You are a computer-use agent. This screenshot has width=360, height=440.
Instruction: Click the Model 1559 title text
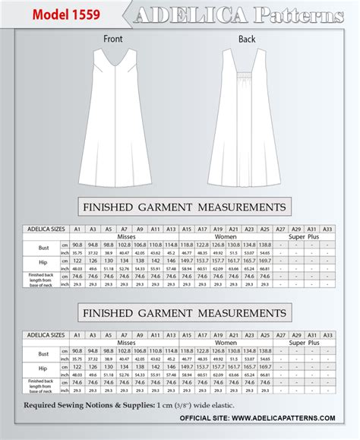coord(51,14)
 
